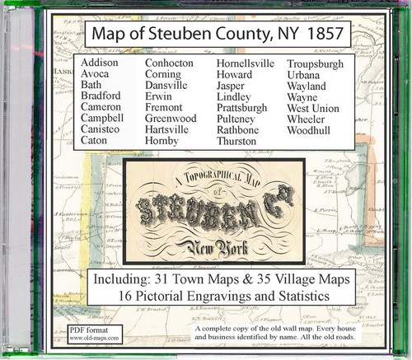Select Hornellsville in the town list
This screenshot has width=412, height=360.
point(250,63)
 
